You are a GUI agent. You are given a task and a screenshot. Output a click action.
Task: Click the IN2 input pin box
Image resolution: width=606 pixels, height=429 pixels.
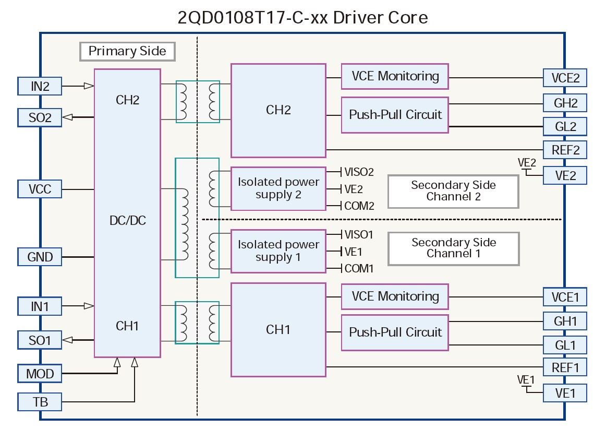tap(40, 86)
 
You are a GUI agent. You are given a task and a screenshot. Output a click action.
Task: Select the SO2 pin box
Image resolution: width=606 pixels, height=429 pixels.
tap(40, 117)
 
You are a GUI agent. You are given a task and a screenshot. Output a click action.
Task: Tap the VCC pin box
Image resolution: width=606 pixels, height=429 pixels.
tap(40, 188)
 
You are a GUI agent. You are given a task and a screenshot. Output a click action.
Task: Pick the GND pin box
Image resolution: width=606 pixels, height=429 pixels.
tap(40, 257)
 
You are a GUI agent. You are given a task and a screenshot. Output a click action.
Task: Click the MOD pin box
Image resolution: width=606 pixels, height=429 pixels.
tap(40, 374)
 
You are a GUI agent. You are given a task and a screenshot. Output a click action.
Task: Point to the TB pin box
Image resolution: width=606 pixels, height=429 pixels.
tap(40, 402)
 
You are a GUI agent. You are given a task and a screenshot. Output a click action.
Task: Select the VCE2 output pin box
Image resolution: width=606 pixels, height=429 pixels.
tap(565, 78)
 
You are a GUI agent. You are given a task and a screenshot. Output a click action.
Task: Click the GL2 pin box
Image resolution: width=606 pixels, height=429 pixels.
tap(565, 126)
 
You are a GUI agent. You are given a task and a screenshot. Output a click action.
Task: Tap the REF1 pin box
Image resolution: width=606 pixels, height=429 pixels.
tap(565, 367)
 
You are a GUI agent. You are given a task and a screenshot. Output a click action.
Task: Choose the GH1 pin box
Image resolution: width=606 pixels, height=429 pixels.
tap(565, 320)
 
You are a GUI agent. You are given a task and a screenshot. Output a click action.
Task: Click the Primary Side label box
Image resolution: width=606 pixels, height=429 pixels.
tap(127, 51)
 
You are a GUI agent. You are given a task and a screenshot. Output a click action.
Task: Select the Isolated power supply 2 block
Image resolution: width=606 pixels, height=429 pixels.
tap(278, 188)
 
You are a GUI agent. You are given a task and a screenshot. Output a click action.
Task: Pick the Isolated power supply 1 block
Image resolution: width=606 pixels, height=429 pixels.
tap(278, 251)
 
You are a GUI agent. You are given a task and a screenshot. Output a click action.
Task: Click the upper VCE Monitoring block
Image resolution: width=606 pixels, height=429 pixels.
tap(395, 76)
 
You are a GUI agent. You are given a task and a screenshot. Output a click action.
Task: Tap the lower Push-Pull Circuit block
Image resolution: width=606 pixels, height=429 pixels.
tap(395, 332)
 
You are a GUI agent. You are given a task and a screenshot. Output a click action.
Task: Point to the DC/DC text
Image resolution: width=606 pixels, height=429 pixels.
tap(127, 221)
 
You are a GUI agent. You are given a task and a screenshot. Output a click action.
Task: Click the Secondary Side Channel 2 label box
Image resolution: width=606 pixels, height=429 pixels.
tap(453, 191)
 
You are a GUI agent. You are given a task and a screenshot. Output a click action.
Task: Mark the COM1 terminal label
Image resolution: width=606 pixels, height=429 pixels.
tap(359, 269)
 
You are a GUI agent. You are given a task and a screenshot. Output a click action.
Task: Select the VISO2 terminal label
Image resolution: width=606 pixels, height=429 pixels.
tap(359, 172)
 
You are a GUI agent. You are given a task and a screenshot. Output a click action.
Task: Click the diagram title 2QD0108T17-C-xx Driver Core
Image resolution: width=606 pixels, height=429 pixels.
tap(302, 17)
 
